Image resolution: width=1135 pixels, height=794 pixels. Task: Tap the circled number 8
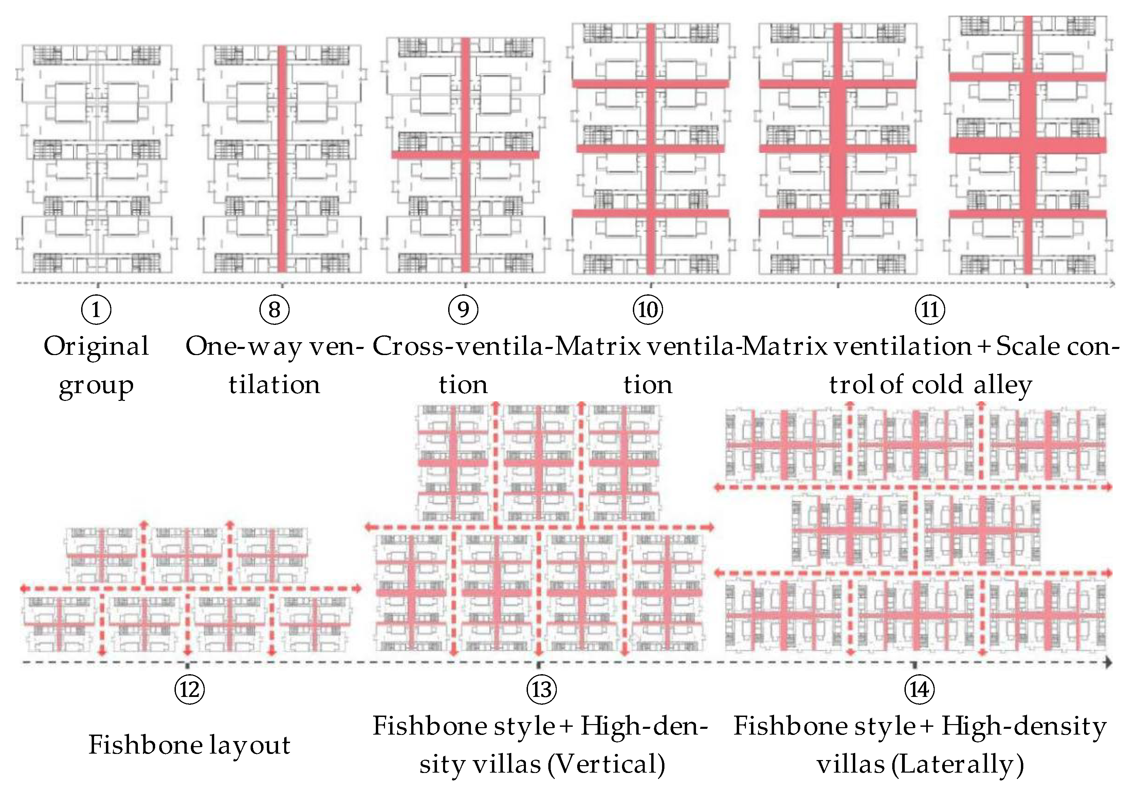pos(274,310)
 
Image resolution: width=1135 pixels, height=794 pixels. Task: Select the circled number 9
pos(463,310)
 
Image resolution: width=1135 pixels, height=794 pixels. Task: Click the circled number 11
pos(930,310)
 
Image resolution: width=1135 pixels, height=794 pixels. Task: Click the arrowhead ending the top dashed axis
pos(1112,284)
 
